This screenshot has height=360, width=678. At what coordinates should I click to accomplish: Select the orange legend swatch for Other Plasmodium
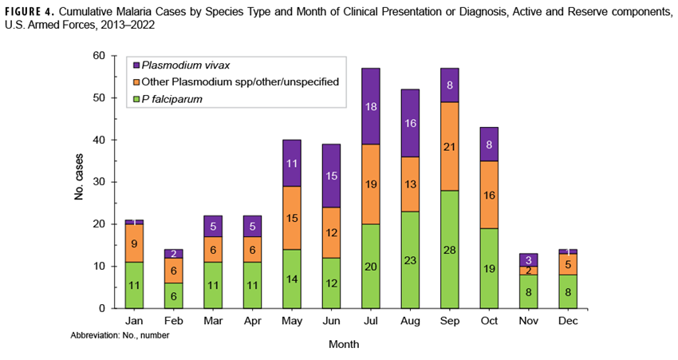[136, 81]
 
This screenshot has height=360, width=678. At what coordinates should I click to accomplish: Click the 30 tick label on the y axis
[99, 182]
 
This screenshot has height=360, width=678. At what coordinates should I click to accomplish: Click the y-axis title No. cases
[80, 182]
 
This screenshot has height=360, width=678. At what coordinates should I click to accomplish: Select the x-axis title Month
[343, 345]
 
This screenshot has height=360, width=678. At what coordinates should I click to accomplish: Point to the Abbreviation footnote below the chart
[120, 335]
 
